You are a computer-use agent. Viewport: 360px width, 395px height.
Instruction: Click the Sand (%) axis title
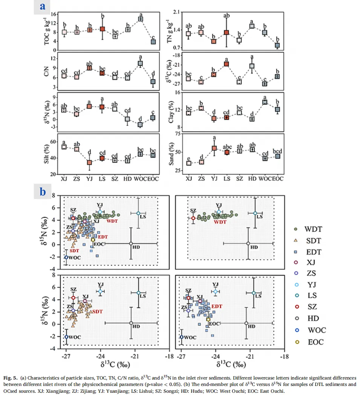[172, 153]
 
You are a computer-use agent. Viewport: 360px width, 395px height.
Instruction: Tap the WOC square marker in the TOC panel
[140, 19]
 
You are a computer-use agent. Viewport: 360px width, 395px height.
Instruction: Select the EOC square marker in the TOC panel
[153, 41]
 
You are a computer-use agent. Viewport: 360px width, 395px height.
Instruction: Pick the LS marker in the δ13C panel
[226, 64]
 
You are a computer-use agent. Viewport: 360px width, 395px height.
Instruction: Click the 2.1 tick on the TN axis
[177, 12]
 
